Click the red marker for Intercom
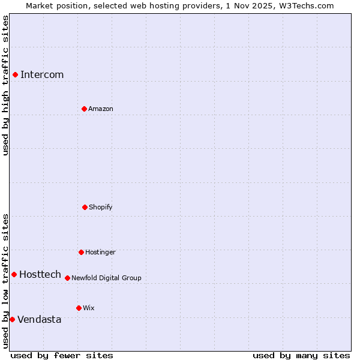(15, 74)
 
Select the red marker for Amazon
(84, 109)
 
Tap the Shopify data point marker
(85, 207)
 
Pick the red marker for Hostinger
(81, 252)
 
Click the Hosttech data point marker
(14, 274)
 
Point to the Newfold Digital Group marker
(67, 278)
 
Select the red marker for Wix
(79, 308)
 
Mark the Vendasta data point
(12, 319)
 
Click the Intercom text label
(42, 75)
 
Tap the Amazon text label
(101, 109)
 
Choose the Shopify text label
(101, 208)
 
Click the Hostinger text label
(100, 253)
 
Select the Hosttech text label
(40, 275)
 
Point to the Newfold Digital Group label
(106, 278)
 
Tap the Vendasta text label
(40, 320)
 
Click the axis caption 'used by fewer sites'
(62, 355)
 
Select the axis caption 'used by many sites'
(301, 355)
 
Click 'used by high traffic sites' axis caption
(5, 85)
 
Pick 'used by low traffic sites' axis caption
(5, 281)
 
